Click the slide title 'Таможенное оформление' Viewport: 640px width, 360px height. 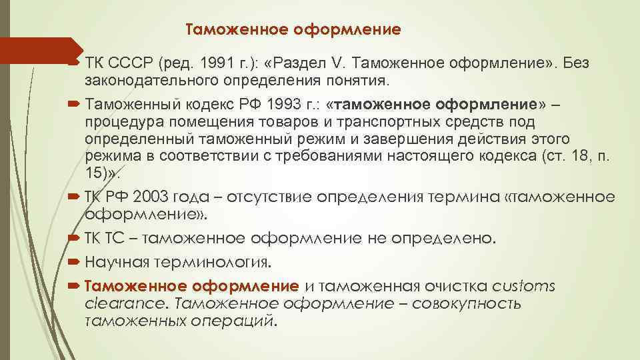click(293, 29)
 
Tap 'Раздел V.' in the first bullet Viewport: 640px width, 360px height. click(311, 63)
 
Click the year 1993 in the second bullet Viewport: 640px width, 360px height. click(285, 105)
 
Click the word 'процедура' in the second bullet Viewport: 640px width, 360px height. click(118, 122)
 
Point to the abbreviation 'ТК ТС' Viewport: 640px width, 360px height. click(103, 237)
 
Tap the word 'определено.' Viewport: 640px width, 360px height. click(450, 237)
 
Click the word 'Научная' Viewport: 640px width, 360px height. click(120, 260)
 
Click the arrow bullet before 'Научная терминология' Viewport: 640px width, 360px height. click(74, 261)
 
